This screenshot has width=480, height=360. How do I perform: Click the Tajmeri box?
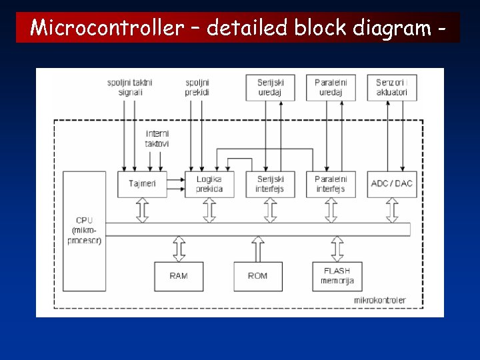pos(142,184)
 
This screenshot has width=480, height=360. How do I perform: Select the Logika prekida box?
pos(209,184)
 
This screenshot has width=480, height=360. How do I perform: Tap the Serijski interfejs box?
pos(270,184)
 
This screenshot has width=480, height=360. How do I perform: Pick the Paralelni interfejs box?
pos(331,184)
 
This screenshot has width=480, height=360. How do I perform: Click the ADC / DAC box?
pos(392,184)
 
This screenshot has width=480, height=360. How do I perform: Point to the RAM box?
pos(179,276)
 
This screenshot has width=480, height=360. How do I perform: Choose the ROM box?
pos(258,276)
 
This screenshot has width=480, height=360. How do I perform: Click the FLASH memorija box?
pos(337,276)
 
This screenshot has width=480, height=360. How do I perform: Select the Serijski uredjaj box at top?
pos(270,87)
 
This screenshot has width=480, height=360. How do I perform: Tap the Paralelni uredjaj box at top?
pos(331,87)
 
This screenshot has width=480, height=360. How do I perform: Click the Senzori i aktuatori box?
pos(392,87)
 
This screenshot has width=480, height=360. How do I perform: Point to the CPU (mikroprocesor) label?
pos(84,230)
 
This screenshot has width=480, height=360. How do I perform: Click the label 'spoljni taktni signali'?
pos(130,87)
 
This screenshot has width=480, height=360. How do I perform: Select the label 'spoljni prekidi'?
pos(197,87)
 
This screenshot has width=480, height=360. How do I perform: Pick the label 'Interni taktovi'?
pos(157,139)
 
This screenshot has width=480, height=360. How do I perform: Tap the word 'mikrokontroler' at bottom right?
pos(380,301)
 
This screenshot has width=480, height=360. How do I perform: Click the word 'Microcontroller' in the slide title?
pos(116,28)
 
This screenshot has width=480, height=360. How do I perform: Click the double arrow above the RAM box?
pos(179,248)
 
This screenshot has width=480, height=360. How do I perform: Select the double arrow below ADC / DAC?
pos(392,210)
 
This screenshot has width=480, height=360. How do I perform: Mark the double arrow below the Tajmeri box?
pos(142,210)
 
